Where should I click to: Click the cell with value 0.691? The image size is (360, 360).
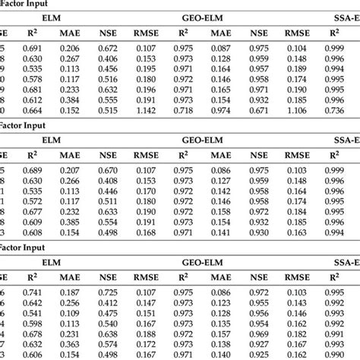click(32, 47)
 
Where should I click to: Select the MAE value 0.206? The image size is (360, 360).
click(70, 47)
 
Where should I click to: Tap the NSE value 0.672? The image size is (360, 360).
click(107, 47)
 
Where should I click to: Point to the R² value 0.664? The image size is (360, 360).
click(32, 111)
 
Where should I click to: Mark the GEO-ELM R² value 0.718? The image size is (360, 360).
click(183, 111)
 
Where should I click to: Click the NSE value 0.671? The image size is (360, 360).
click(259, 111)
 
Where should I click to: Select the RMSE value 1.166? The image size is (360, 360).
click(297, 111)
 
